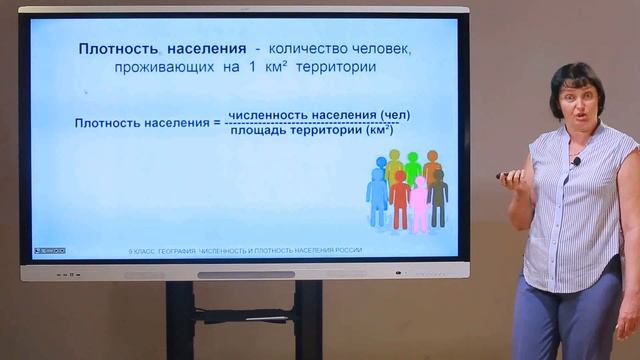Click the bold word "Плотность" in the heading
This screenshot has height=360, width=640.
coord(118,49)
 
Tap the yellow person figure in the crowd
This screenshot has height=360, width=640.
coord(394,164)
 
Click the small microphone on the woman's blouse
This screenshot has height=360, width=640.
coord(576,160)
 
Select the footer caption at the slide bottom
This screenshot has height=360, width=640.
coord(244,250)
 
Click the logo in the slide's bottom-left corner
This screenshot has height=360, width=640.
coord(49,250)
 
